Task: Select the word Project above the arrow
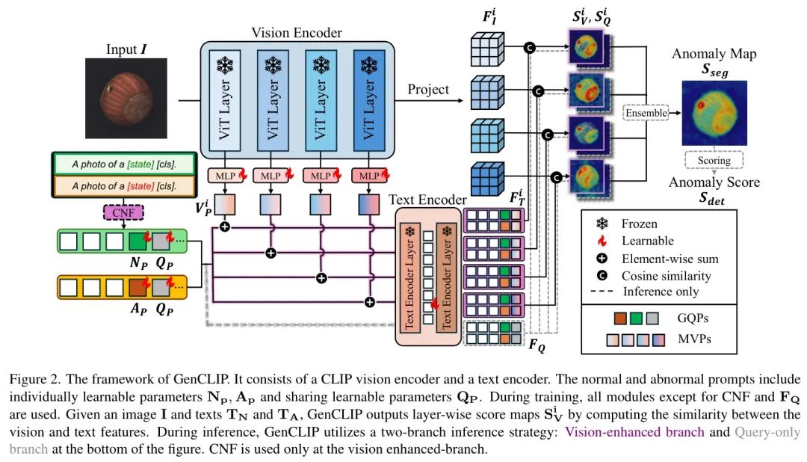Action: [x=428, y=90]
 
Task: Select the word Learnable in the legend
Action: [x=646, y=241]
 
